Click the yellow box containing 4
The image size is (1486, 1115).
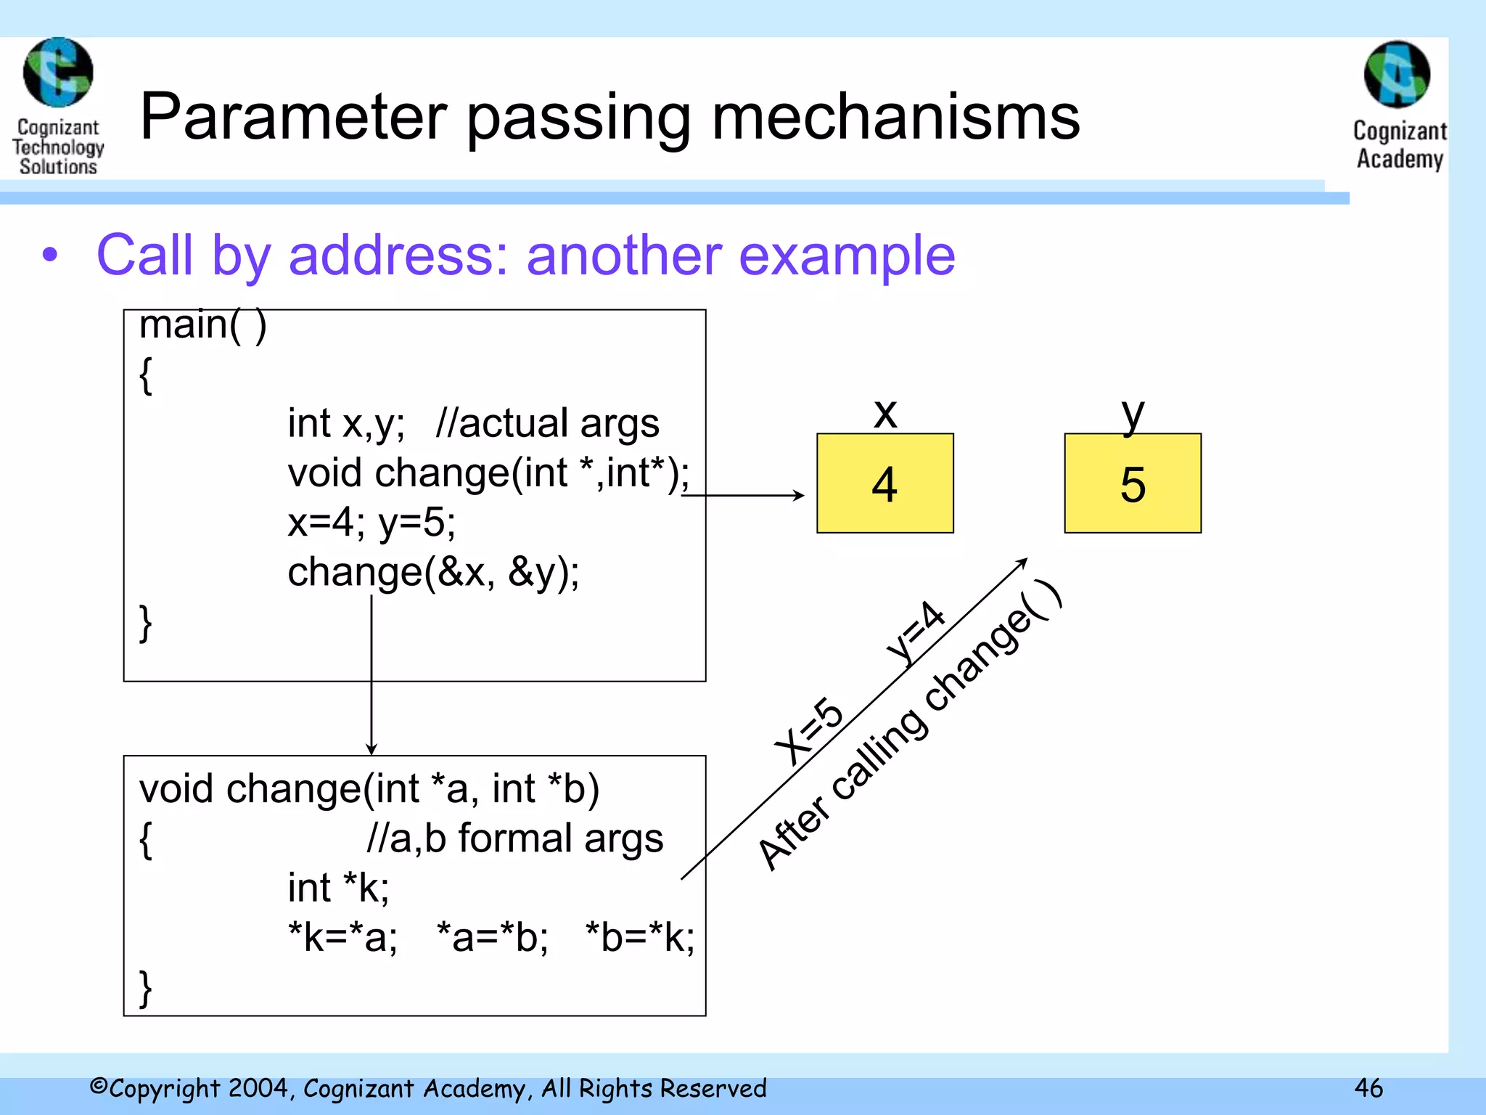tap(884, 483)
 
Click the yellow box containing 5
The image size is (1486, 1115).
tap(1132, 483)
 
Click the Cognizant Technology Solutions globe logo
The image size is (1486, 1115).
tap(58, 73)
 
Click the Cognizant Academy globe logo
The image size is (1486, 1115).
tap(1397, 74)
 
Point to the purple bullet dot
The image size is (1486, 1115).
tap(49, 256)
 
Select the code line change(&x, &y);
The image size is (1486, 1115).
tap(433, 572)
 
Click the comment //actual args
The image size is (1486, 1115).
tap(547, 423)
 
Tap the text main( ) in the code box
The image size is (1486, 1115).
tap(202, 324)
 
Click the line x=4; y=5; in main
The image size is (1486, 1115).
tap(371, 522)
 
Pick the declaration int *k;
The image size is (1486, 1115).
tap(338, 887)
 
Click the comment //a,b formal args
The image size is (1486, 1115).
tap(514, 838)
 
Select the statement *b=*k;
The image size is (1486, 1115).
tap(639, 936)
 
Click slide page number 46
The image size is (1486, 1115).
tap(1368, 1088)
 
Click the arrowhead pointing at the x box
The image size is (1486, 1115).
tap(799, 495)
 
